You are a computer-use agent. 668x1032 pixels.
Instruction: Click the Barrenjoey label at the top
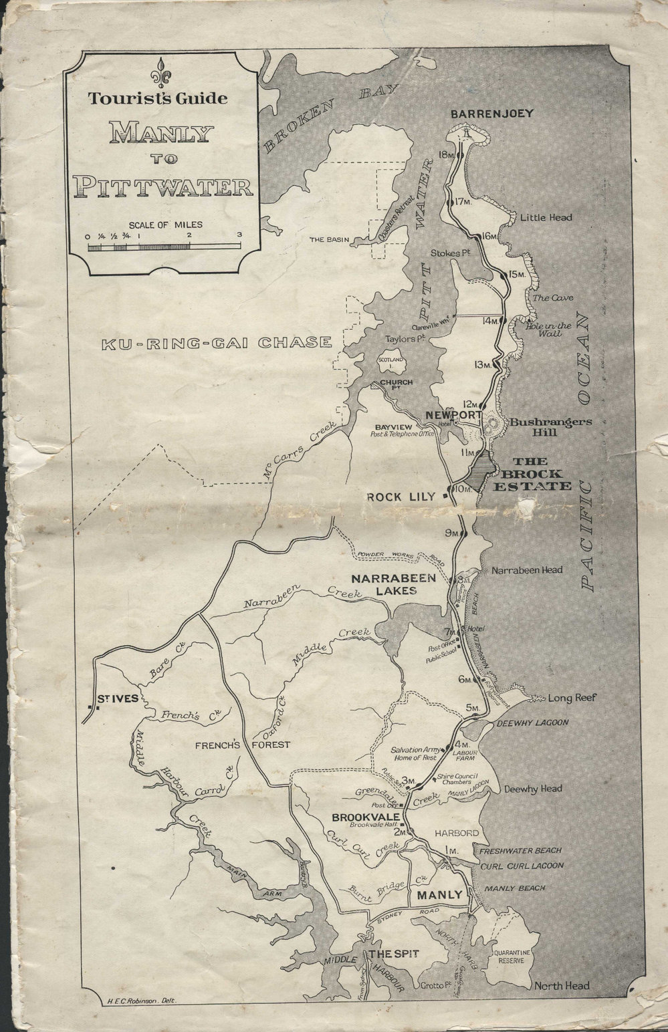pyautogui.click(x=491, y=114)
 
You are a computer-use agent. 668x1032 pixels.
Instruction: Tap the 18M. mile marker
pyautogui.click(x=447, y=154)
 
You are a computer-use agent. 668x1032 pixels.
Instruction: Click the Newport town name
pyautogui.click(x=454, y=414)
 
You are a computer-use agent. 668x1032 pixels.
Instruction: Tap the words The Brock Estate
pyautogui.click(x=540, y=473)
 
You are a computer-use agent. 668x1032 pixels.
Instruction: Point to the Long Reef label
pyautogui.click(x=571, y=698)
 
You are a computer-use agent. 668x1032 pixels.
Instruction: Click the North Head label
pyautogui.click(x=562, y=985)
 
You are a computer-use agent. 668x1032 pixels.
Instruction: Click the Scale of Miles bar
pyautogui.click(x=164, y=247)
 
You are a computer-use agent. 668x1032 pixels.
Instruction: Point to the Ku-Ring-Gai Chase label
pyautogui.click(x=217, y=344)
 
